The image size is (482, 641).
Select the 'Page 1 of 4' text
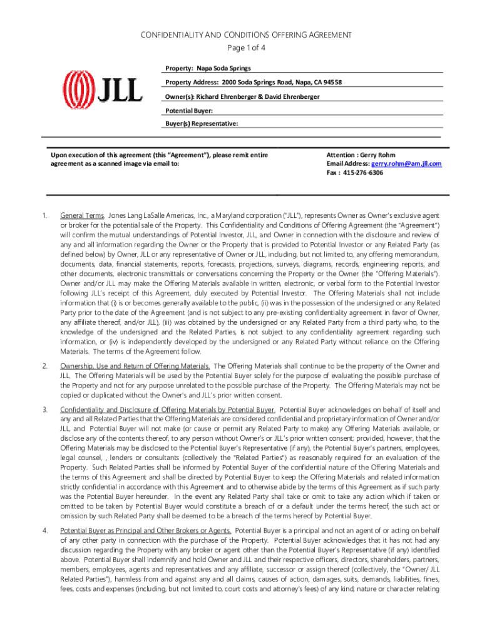(240, 48)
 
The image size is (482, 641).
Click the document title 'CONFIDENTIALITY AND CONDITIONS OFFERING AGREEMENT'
(240, 35)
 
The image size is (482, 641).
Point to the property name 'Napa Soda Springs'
(222, 68)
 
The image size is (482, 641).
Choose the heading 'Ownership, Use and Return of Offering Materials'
(135, 366)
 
